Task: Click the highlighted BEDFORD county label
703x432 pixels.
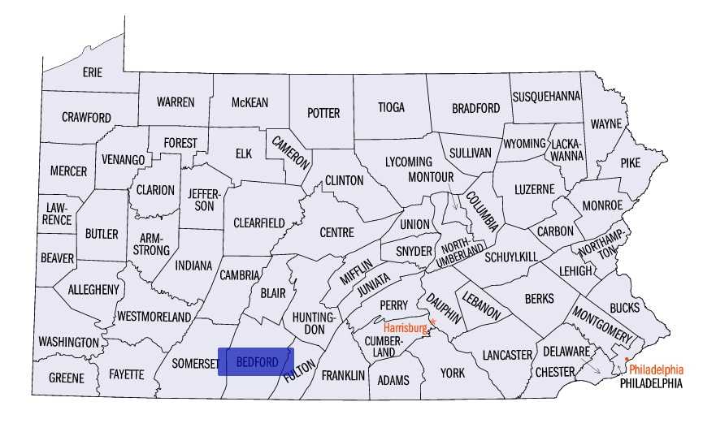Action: [x=255, y=361]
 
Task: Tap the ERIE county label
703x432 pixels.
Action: [x=93, y=72]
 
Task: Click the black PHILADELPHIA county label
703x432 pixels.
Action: [x=651, y=383]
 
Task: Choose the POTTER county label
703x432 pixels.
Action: [x=323, y=113]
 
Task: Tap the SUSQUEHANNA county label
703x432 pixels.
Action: [x=546, y=96]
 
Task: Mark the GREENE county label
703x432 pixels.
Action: [x=66, y=378]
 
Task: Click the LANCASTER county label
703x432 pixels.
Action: [x=506, y=355]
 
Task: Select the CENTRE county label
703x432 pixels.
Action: [x=336, y=232]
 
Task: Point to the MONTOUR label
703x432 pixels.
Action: [x=430, y=176]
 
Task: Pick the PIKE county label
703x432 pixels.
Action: [x=630, y=162]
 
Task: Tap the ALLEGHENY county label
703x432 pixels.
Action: [x=93, y=289]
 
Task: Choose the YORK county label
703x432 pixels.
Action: [x=453, y=373]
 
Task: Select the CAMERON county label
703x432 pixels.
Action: [x=290, y=150]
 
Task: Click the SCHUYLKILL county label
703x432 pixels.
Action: [x=511, y=257]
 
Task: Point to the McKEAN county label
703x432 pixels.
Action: [x=250, y=102]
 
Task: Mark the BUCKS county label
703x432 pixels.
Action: [x=624, y=308]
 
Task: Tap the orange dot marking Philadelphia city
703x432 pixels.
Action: [x=627, y=358]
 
